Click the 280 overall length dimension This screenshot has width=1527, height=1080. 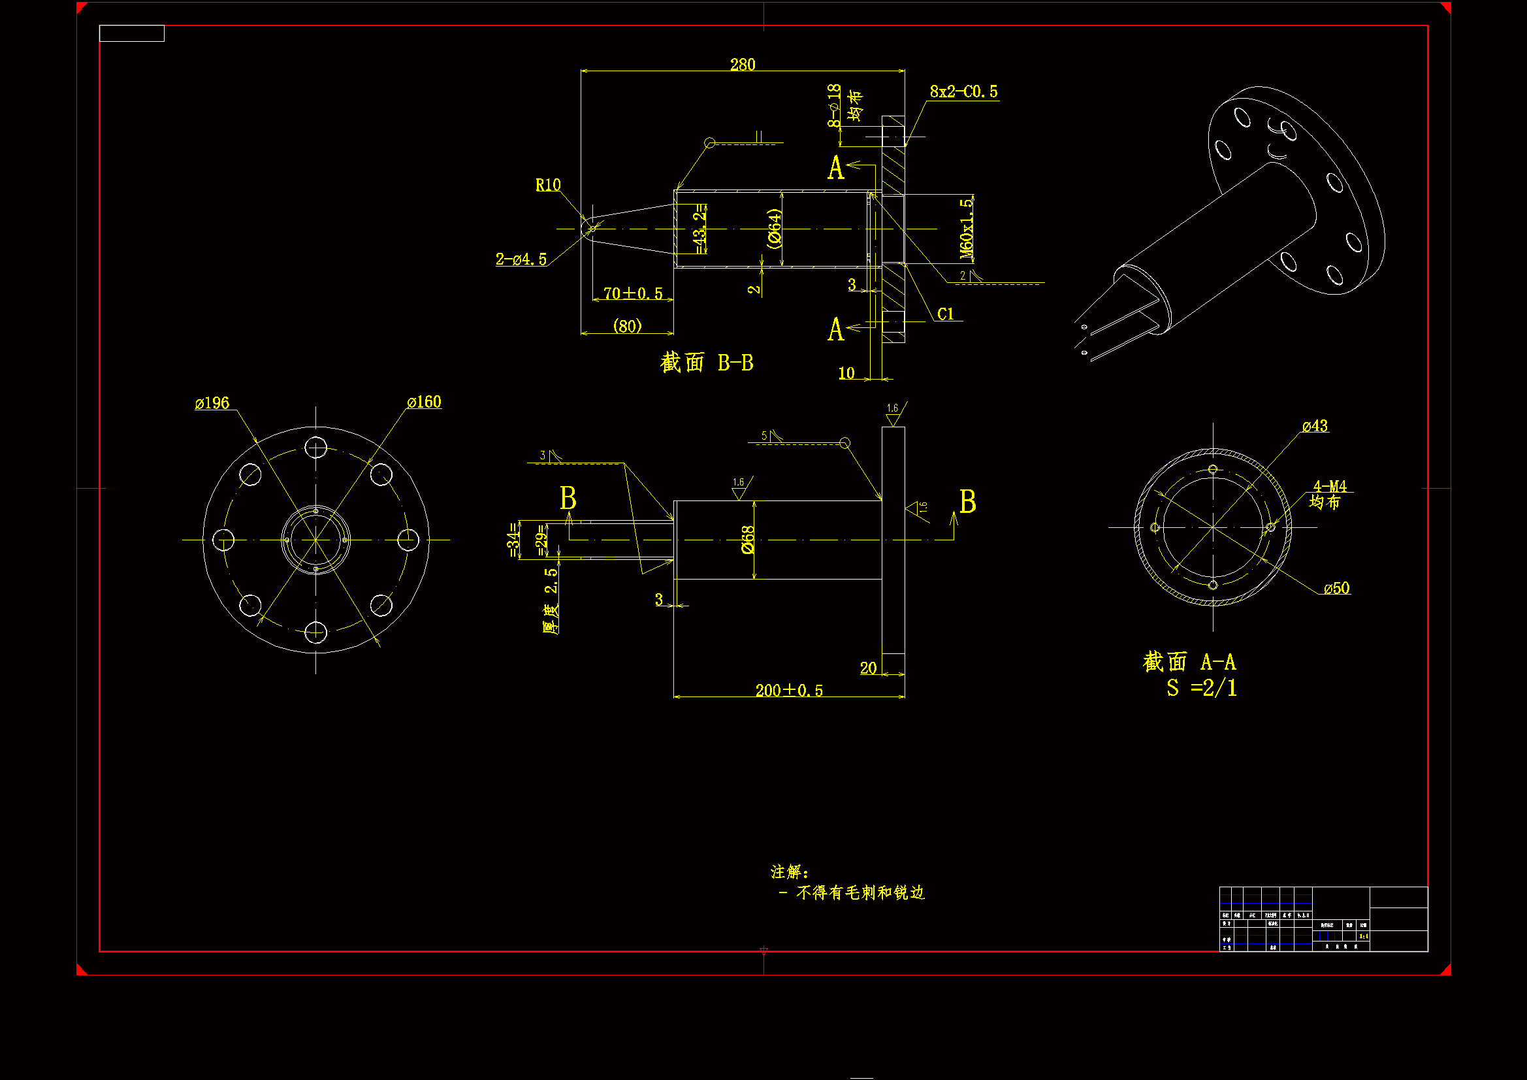pyautogui.click(x=742, y=65)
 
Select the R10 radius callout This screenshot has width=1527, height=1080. pyautogui.click(x=548, y=185)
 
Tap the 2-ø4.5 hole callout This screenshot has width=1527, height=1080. pyautogui.click(x=521, y=259)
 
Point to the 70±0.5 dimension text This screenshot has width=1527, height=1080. pyautogui.click(x=632, y=293)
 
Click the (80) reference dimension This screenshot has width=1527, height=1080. pyautogui.click(x=627, y=326)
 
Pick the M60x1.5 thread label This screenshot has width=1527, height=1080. pyautogui.click(x=967, y=228)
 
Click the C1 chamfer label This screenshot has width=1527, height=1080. pyautogui.click(x=945, y=314)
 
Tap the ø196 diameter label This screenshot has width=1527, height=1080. pyautogui.click(x=212, y=403)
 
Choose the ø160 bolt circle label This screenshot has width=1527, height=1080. pyautogui.click(x=425, y=402)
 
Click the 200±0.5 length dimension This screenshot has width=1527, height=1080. pyautogui.click(x=789, y=691)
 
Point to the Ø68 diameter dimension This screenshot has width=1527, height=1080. pyautogui.click(x=748, y=540)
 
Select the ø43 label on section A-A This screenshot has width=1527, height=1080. pyautogui.click(x=1315, y=426)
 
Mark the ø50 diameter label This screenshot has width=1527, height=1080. pyautogui.click(x=1336, y=588)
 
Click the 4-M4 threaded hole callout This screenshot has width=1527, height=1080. pyautogui.click(x=1330, y=487)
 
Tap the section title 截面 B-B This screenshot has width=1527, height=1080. pyautogui.click(x=706, y=363)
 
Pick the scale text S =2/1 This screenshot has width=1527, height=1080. pyautogui.click(x=1201, y=688)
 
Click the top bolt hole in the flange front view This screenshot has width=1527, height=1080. pyautogui.click(x=316, y=447)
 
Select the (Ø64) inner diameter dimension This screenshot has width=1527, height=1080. pyautogui.click(x=773, y=228)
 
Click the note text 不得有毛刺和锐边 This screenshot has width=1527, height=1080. pyautogui.click(x=860, y=892)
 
